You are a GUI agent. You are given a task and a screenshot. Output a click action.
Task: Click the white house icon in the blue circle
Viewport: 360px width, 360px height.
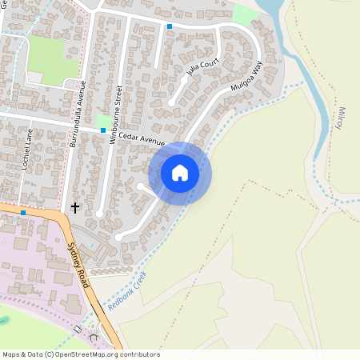click(180, 173)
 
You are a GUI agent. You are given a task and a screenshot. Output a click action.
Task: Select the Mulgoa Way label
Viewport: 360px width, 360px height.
click(246, 80)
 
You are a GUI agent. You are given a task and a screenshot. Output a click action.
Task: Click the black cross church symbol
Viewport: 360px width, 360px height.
click(75, 208)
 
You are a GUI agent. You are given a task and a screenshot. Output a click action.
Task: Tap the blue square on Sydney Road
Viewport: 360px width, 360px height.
click(23, 213)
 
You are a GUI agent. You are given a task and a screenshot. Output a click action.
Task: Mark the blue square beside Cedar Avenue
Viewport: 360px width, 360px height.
click(103, 130)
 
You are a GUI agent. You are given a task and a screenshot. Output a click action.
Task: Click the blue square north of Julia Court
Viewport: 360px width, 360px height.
click(170, 26)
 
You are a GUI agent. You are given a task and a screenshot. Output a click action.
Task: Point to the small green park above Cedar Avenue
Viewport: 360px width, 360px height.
click(102, 120)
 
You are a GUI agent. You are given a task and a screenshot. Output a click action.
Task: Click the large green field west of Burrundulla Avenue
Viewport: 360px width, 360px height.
click(47, 58)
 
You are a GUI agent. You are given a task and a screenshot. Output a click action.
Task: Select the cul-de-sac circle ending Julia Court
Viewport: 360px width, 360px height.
click(172, 102)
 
